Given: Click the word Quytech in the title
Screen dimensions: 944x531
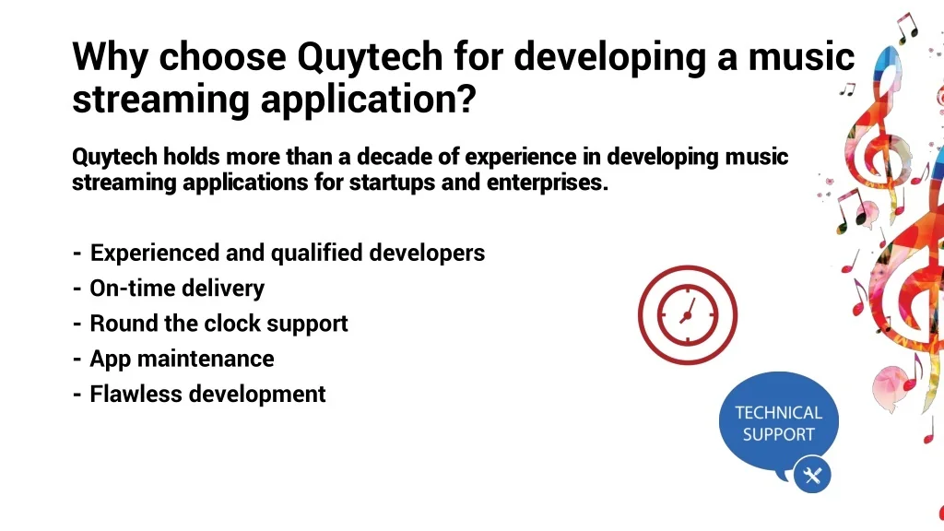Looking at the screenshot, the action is coord(370,58).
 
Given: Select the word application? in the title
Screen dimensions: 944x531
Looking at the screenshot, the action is coord(369,100).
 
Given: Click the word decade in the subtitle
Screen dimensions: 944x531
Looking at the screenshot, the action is coord(394,157).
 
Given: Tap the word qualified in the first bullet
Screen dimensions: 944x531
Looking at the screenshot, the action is coord(317,254).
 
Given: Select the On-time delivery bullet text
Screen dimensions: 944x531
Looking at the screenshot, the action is coord(177,289).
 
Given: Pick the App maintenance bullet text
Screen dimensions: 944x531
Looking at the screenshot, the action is coord(182,360).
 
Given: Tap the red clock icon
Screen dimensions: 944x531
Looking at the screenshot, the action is coord(688,315).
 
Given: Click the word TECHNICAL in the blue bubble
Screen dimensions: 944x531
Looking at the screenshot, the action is coord(778,413).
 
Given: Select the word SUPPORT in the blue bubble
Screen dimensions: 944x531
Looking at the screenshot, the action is coord(778,435).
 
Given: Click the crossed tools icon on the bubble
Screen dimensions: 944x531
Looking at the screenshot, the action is coord(812,476).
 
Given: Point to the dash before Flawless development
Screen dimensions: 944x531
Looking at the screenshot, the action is coord(77,395).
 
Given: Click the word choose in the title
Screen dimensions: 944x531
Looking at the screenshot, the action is coord(222,58).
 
